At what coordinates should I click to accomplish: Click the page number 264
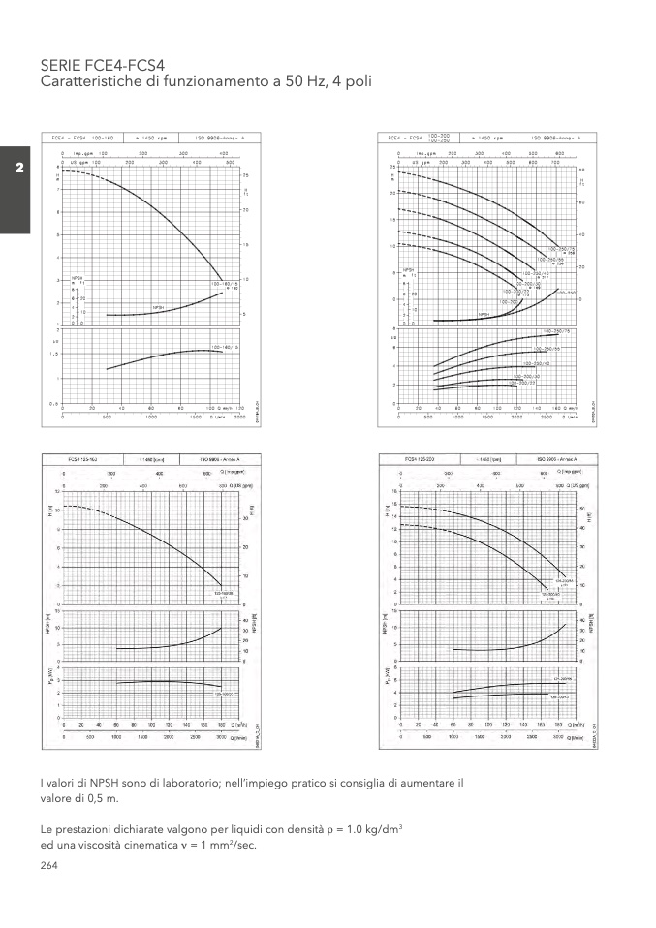pyautogui.click(x=49, y=865)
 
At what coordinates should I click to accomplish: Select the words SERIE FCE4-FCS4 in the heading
pyautogui.click(x=97, y=66)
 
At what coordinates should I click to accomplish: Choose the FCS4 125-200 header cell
pyautogui.click(x=433, y=458)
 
